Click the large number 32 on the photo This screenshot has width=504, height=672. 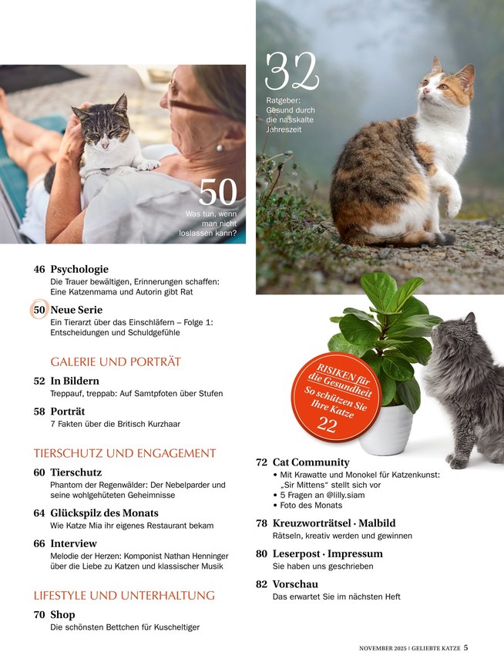292,72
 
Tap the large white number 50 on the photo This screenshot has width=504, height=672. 218,192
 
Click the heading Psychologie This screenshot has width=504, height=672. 79,269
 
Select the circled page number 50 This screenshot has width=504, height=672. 39,310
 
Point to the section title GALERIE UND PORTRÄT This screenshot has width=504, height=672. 116,361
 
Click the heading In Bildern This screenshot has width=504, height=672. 75,381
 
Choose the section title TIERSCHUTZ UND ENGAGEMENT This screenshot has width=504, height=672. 125,453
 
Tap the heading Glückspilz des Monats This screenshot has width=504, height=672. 104,513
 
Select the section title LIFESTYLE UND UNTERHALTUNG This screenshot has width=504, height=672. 124,595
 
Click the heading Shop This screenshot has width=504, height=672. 62,614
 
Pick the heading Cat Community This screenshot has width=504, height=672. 311,462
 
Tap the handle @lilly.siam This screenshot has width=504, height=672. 342,495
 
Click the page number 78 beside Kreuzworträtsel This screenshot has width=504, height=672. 261,522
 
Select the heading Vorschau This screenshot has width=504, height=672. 295,583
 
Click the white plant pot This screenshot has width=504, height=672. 386,429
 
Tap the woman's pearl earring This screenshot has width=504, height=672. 220,148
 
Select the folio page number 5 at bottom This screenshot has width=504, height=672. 466,647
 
